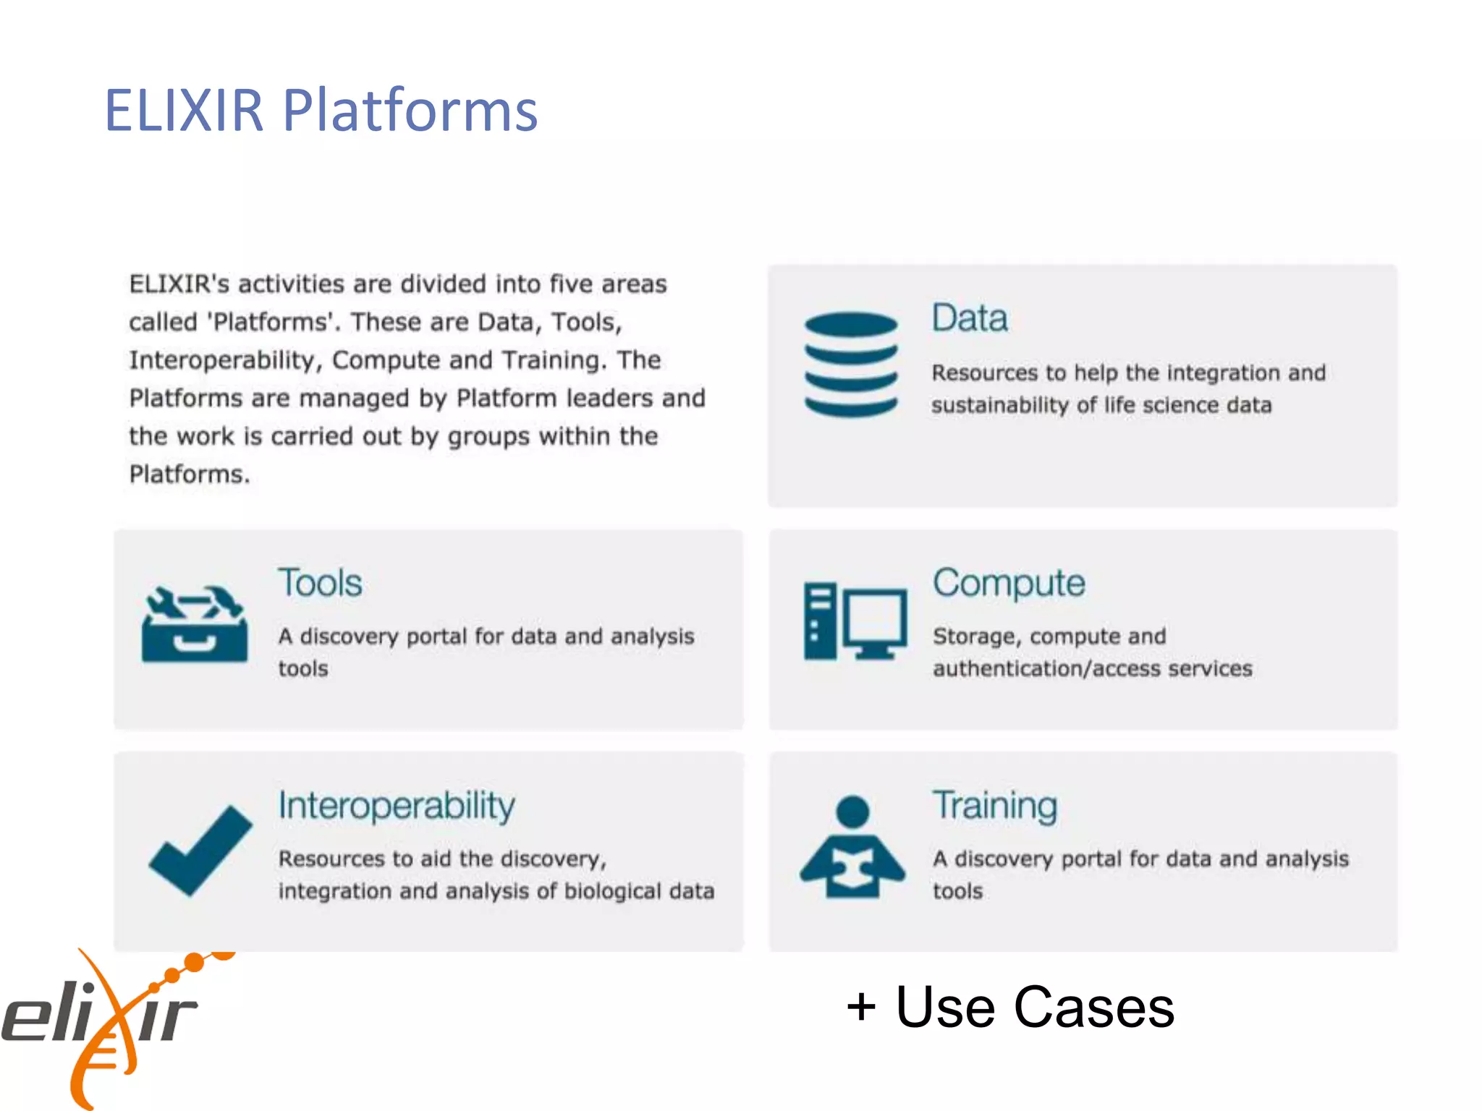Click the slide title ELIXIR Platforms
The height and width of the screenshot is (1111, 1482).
(x=321, y=110)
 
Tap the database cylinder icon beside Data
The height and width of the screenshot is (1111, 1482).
(x=851, y=364)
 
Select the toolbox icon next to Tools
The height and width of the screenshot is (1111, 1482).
(x=195, y=623)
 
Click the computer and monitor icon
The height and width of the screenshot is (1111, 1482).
(x=855, y=621)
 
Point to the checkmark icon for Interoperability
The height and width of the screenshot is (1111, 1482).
(x=200, y=849)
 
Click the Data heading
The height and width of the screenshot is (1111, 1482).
(x=969, y=318)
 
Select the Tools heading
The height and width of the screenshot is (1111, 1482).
(x=320, y=583)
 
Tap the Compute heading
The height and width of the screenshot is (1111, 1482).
(x=1009, y=583)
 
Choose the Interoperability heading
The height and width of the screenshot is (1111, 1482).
(x=397, y=806)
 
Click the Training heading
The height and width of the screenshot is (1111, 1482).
(x=995, y=806)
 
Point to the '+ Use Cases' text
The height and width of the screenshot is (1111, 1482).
(x=1010, y=1007)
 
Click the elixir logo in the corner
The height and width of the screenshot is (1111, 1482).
(x=101, y=1020)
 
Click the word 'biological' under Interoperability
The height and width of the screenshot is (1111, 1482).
(x=612, y=891)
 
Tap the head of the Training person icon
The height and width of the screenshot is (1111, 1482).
(x=852, y=811)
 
